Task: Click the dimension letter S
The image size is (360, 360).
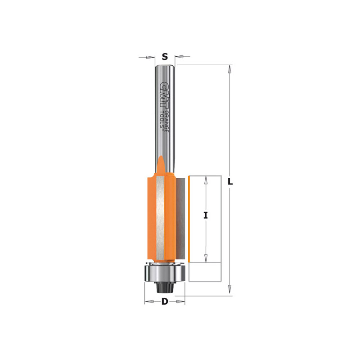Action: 165,56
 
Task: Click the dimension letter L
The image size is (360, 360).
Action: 230,182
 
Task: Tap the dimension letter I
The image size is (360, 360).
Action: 206,216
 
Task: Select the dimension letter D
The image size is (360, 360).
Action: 165,301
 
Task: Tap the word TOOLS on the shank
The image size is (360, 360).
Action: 162,119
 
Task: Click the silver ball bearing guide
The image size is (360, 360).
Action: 165,274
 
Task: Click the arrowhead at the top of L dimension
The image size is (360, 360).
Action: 229,69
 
